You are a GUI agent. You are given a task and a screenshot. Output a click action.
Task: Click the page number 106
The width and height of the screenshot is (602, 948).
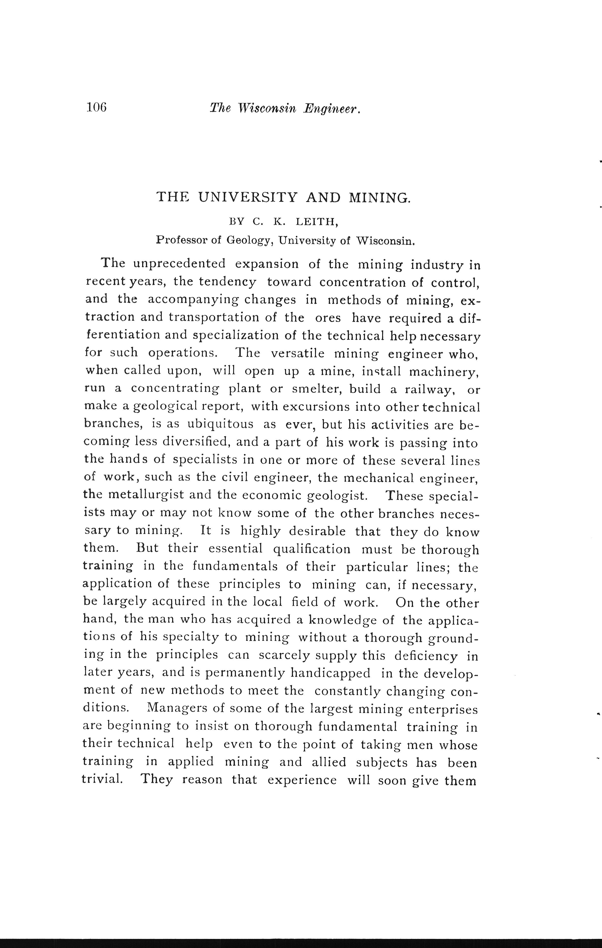tap(97, 107)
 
